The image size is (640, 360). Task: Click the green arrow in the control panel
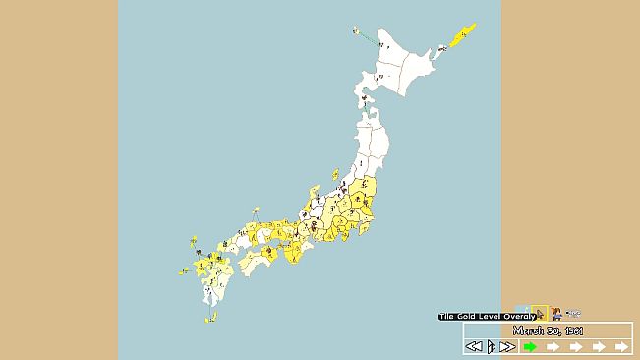pos(529,346)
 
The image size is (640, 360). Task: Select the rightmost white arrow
pos(621,346)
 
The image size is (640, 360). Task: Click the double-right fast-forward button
pos(507,346)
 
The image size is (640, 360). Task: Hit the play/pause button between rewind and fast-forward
pos(491,346)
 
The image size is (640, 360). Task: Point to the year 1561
pos(574,330)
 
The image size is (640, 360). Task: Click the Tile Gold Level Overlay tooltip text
pos(486,316)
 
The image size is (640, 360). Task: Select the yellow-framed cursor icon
pos(540,314)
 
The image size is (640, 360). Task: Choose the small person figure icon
pos(556,314)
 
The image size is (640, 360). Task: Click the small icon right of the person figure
pos(572,315)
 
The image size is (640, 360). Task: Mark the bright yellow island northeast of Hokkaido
pos(463,34)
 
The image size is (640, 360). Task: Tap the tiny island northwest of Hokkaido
pos(356,30)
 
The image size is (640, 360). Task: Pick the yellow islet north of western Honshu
pos(256,210)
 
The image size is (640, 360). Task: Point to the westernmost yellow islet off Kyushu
pos(184,270)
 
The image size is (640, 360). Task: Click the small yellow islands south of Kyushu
pos(210,317)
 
